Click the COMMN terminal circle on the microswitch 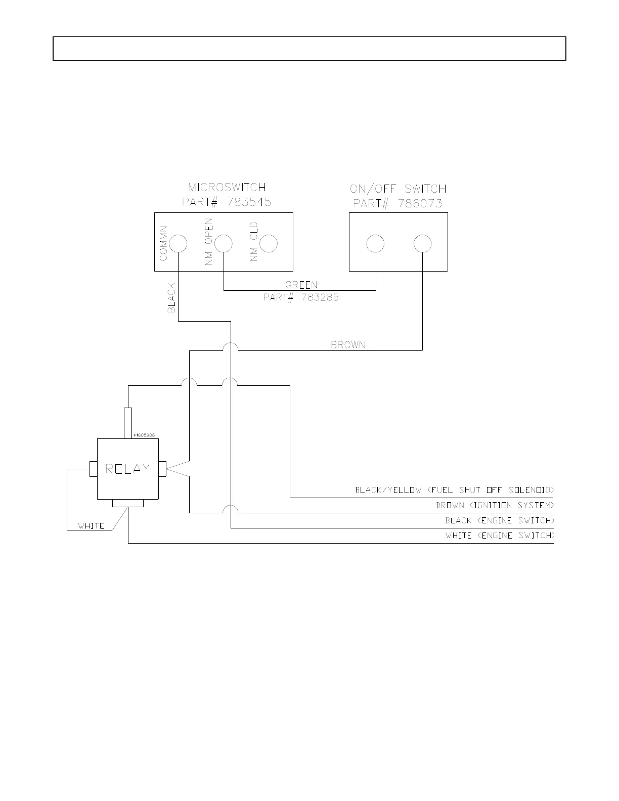[x=178, y=244]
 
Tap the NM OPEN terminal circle [x=224, y=244]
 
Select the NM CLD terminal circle [x=269, y=244]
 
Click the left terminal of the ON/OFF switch [x=375, y=244]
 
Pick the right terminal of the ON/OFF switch [x=422, y=244]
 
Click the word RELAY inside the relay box [x=127, y=469]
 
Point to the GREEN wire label [x=301, y=285]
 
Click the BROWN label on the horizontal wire [x=348, y=345]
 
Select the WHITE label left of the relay [x=92, y=526]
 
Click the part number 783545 [x=249, y=202]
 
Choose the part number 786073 [x=420, y=203]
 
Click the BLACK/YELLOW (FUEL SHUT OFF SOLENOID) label [x=455, y=490]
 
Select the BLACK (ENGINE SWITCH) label [x=500, y=520]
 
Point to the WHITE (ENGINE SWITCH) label [x=500, y=536]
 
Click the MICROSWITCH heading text [x=227, y=189]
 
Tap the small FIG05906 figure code [x=145, y=435]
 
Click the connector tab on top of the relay [x=128, y=423]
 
